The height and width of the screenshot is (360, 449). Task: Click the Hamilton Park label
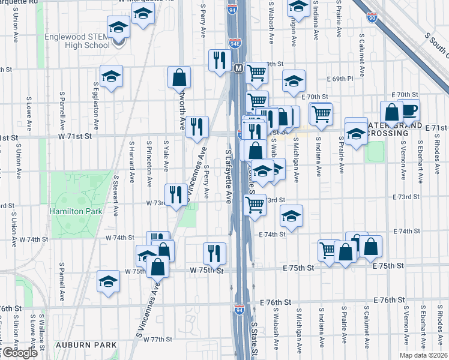pyautogui.click(x=76, y=211)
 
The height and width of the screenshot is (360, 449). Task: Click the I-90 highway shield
pyautogui.click(x=372, y=19)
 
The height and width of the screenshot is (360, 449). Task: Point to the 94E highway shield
pyautogui.click(x=234, y=44)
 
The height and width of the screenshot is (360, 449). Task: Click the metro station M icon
pyautogui.click(x=238, y=68)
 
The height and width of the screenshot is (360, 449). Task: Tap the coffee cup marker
pyautogui.click(x=410, y=110)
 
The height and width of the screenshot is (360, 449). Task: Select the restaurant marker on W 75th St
pyautogui.click(x=214, y=253)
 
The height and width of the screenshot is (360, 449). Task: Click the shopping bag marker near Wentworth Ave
pyautogui.click(x=179, y=77)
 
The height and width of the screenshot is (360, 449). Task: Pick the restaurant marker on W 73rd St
pyautogui.click(x=175, y=194)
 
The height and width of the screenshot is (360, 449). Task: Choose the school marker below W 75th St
pyautogui.click(x=109, y=281)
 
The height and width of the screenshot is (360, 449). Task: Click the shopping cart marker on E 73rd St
pyautogui.click(x=255, y=204)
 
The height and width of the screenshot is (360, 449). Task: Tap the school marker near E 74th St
pyautogui.click(x=291, y=216)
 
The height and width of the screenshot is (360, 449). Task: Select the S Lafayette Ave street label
pyautogui.click(x=228, y=177)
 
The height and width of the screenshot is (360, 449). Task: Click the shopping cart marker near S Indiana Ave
pyautogui.click(x=321, y=113)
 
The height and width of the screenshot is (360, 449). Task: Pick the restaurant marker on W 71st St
pyautogui.click(x=197, y=127)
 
